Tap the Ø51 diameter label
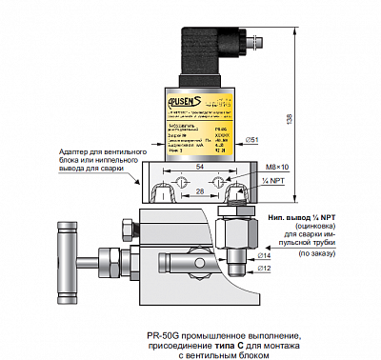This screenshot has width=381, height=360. tap(254, 140)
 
